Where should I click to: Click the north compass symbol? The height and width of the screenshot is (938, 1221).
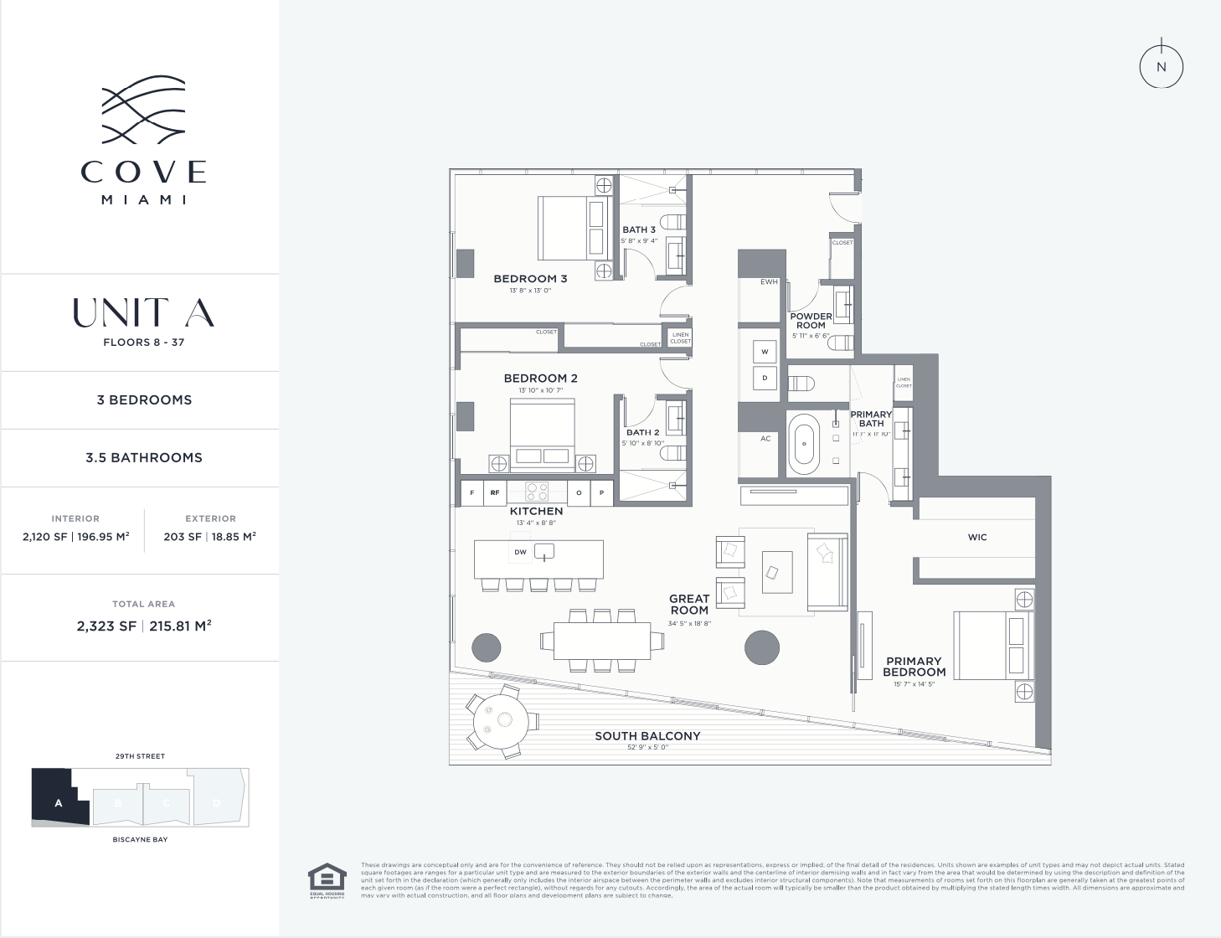[1161, 67]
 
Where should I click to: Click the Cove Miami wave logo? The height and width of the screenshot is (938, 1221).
[143, 110]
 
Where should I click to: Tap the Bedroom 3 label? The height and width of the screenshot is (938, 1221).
[530, 279]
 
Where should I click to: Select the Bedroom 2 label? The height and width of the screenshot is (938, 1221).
[540, 379]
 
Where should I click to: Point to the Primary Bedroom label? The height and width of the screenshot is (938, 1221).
[914, 667]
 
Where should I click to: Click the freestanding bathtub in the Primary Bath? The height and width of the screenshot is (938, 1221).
[804, 444]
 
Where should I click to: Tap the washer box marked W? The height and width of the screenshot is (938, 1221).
[765, 352]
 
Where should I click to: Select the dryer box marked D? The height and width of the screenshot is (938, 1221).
[765, 378]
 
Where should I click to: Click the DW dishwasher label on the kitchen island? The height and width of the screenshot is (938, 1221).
[520, 552]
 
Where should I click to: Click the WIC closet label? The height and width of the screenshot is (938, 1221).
[977, 538]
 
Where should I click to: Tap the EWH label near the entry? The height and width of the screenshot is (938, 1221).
[769, 282]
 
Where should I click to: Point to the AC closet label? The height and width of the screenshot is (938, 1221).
[765, 439]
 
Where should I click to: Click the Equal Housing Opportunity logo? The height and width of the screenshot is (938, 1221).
[327, 880]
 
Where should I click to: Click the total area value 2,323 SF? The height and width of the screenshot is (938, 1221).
[106, 626]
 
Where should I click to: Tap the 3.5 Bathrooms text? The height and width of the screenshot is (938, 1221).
[144, 458]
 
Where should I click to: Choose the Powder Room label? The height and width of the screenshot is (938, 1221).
[811, 321]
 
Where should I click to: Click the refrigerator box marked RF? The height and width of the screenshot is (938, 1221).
[495, 493]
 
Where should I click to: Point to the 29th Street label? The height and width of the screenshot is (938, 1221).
[140, 756]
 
